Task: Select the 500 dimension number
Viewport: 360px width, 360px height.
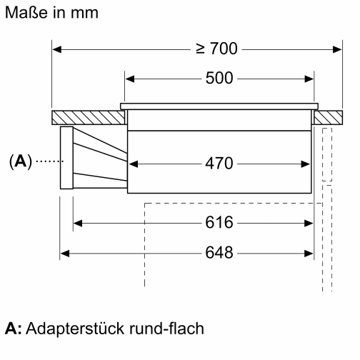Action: [x=219, y=79]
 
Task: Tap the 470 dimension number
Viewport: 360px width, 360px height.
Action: [x=219, y=164]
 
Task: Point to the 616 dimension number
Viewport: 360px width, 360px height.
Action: [x=219, y=223]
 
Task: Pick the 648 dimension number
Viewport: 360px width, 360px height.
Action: [x=219, y=253]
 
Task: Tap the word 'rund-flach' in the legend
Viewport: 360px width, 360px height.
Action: [x=153, y=329]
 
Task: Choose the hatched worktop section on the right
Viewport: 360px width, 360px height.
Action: [x=329, y=116]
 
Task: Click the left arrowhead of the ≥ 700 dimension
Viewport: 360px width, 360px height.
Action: [x=58, y=49]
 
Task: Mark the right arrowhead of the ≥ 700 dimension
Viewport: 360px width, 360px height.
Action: [x=338, y=49]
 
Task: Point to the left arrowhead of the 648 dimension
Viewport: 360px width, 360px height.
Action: [x=65, y=253]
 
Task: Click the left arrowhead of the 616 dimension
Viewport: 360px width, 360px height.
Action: [x=79, y=223]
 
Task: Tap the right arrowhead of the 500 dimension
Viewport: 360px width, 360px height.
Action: [x=310, y=79]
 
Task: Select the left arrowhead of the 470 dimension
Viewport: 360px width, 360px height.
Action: [x=134, y=164]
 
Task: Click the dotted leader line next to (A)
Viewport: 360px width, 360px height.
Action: [x=46, y=161]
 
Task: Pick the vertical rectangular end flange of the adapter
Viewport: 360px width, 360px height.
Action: [x=67, y=157]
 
